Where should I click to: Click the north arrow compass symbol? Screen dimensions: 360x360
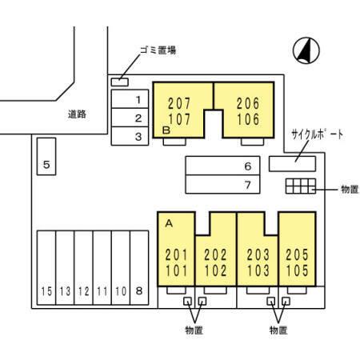coord(306,50)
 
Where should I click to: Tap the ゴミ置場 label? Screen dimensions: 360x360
coord(158,50)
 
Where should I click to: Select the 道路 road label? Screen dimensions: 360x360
coord(77,114)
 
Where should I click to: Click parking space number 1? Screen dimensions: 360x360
coord(130,99)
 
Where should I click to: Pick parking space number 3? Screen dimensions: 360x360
coord(130,136)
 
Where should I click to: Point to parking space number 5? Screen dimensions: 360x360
coord(46,156)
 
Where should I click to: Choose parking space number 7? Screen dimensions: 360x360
coord(222,184)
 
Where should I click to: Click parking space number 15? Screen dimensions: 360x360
coord(46,268)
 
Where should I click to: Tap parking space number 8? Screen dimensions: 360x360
coord(139,268)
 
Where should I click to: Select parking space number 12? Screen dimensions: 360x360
coord(84,268)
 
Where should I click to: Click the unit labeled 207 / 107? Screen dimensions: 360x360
coord(179,111)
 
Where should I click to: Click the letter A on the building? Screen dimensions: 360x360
coord(169,223)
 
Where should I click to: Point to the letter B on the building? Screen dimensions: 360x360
coord(166,130)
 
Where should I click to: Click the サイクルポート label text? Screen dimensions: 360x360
coord(317,134)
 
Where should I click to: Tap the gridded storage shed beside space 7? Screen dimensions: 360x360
coord(301,186)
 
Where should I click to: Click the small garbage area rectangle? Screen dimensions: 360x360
coord(119,82)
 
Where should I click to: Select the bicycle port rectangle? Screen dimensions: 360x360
coord(292,164)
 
